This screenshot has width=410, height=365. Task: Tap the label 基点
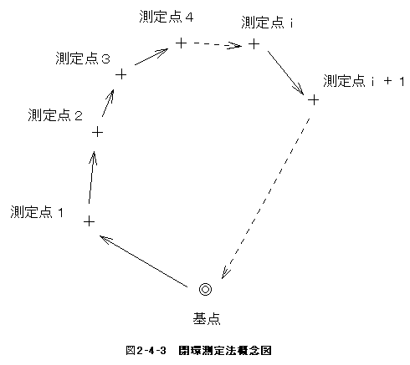pyautogui.click(x=207, y=318)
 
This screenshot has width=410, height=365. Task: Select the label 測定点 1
pyautogui.click(x=37, y=212)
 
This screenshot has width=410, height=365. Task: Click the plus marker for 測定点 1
pyautogui.click(x=89, y=221)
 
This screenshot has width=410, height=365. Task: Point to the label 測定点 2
pyautogui.click(x=55, y=115)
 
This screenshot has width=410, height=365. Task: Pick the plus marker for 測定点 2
pyautogui.click(x=97, y=132)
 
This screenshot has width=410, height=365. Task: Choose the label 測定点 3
pyautogui.click(x=83, y=58)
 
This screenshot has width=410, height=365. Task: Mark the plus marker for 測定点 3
pyautogui.click(x=121, y=74)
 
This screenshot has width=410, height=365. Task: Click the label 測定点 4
pyautogui.click(x=167, y=17)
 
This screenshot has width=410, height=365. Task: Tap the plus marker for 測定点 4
pyautogui.click(x=181, y=43)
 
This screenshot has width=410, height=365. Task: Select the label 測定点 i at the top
pyautogui.click(x=267, y=23)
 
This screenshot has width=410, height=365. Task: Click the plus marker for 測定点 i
pyautogui.click(x=254, y=44)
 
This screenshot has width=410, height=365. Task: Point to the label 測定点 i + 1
pyautogui.click(x=364, y=81)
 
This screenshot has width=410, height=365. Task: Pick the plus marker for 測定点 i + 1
pyautogui.click(x=314, y=99)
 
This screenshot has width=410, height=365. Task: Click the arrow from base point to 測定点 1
pyautogui.click(x=143, y=261)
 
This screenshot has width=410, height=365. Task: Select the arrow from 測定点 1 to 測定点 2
pyautogui.click(x=92, y=178)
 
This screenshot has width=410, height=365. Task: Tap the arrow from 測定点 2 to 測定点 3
pyautogui.click(x=108, y=103)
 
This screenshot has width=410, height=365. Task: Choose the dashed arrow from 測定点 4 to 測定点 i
pyautogui.click(x=218, y=44)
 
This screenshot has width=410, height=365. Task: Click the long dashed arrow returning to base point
pyautogui.click(x=265, y=199)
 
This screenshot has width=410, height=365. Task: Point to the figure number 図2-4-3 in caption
pyautogui.click(x=146, y=351)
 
